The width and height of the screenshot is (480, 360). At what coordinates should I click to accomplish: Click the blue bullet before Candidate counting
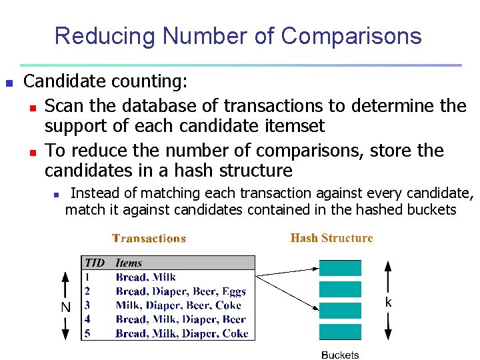click(x=9, y=83)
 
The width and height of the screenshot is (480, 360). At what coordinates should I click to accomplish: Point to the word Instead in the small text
click(x=95, y=194)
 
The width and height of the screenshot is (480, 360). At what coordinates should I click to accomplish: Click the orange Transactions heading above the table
click(x=149, y=238)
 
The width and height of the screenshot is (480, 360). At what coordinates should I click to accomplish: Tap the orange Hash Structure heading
click(x=332, y=238)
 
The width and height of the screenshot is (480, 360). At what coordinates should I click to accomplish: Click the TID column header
click(x=95, y=263)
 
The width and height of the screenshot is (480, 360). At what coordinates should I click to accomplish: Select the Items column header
click(x=129, y=263)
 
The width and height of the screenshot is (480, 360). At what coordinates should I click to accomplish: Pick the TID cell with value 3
click(x=87, y=305)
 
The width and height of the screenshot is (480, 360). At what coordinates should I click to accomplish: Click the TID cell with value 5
click(x=87, y=333)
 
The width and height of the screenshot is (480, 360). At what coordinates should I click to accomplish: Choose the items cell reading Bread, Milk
click(x=145, y=277)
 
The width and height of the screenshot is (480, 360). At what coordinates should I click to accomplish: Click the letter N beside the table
click(x=65, y=307)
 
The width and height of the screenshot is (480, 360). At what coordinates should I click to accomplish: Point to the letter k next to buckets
click(x=388, y=302)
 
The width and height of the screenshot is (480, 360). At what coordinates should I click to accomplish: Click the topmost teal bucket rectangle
click(x=340, y=268)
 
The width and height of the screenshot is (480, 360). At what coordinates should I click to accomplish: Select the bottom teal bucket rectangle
click(x=340, y=332)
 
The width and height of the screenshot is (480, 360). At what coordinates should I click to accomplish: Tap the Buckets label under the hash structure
click(x=340, y=355)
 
